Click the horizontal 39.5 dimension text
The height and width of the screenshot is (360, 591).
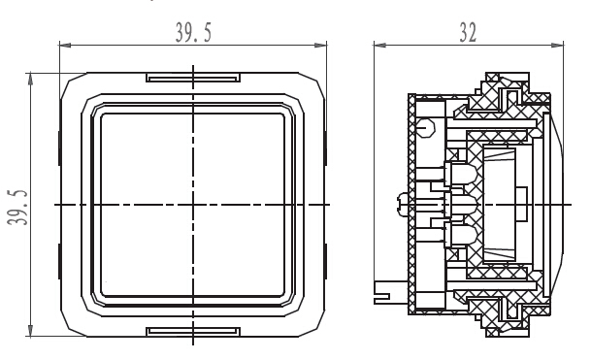pyautogui.click(x=193, y=32)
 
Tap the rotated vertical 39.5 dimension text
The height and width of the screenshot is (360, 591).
pyautogui.click(x=17, y=208)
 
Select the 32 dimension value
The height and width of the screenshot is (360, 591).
pyautogui.click(x=468, y=32)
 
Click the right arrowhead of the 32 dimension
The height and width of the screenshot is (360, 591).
pyautogui.click(x=557, y=46)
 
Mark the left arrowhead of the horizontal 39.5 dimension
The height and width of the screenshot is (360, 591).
pyautogui.click(x=65, y=46)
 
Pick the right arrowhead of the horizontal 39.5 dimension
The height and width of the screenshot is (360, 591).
pyautogui.click(x=320, y=46)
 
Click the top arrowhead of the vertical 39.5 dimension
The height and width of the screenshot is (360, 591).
pyautogui.click(x=30, y=79)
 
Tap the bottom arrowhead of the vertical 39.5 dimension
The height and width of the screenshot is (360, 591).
pyautogui.click(x=30, y=331)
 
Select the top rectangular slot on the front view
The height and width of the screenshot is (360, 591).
pyautogui.click(x=193, y=78)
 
